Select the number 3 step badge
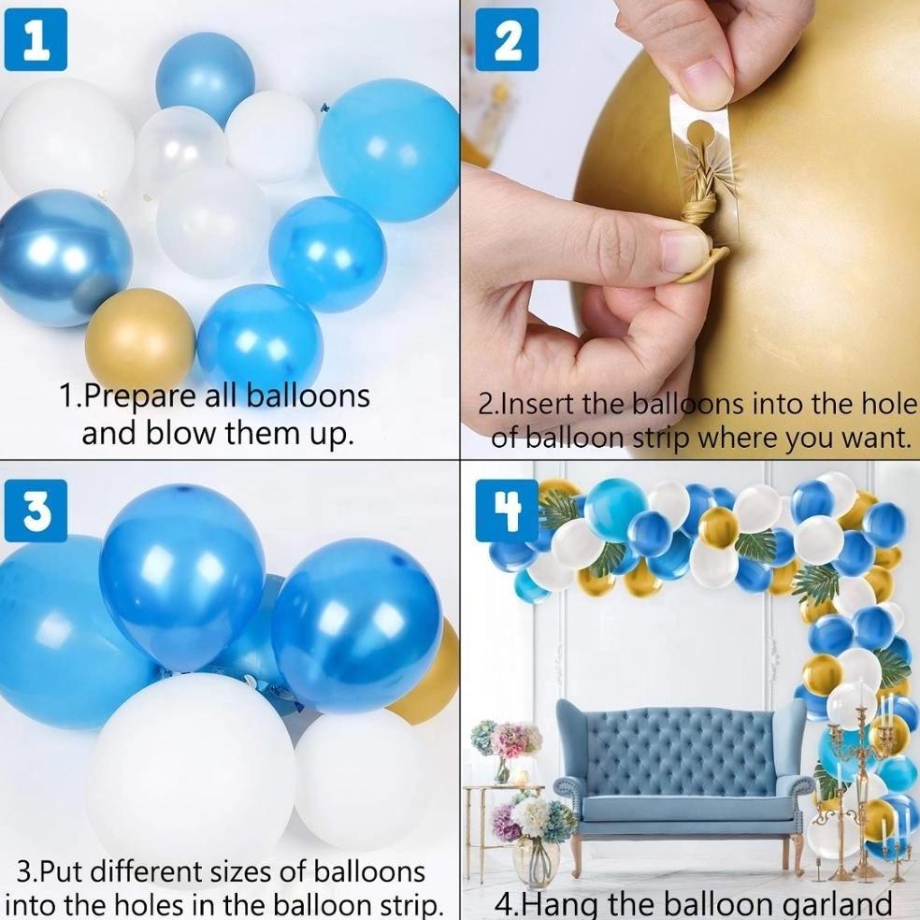36,510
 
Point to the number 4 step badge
507,510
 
